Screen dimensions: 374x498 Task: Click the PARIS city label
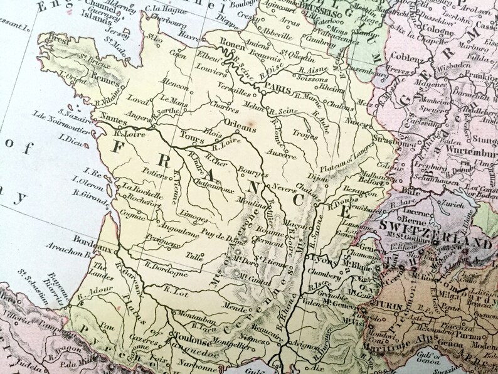click(277, 90)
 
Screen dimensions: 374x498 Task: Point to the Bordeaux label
click(87, 240)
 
